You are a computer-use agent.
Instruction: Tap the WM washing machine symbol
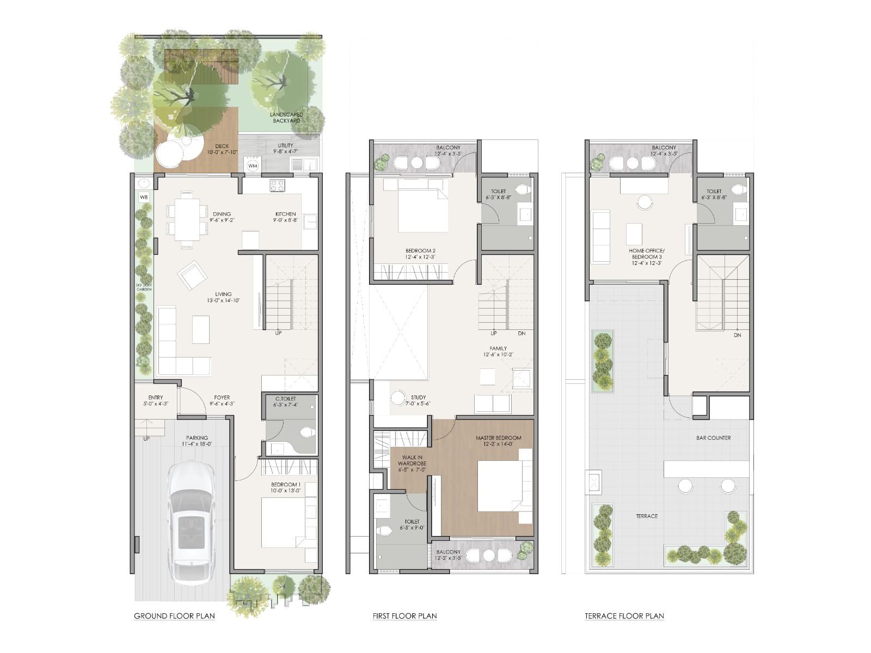pos(253,165)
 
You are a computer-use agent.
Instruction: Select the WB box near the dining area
pos(144,197)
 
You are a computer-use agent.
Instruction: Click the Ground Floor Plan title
pos(174,616)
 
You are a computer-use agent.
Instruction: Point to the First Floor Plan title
pos(404,616)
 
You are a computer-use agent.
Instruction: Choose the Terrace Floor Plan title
pos(624,616)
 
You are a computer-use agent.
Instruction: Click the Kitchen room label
pos(285,214)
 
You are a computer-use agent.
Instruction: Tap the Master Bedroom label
pos(498,438)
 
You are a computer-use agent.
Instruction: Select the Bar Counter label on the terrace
pos(713,438)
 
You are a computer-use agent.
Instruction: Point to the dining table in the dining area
pos(187,219)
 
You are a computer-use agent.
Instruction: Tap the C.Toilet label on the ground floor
pos(285,399)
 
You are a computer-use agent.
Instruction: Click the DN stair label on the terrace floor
pos(737,335)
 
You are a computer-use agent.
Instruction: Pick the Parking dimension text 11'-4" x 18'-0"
pos(197,444)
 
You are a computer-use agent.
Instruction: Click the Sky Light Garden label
pos(144,286)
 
